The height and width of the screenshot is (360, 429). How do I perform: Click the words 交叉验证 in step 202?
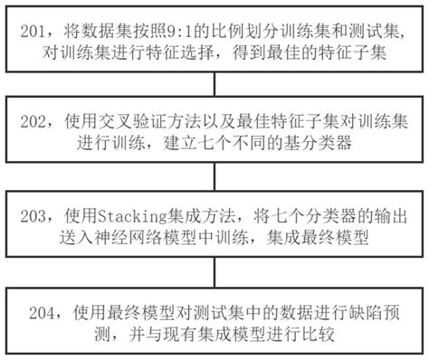coord(130,118)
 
